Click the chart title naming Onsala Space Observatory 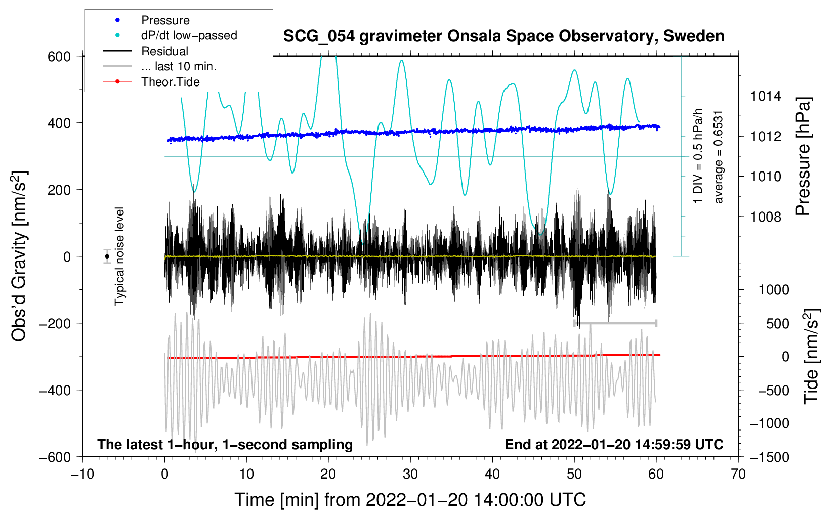pos(503,36)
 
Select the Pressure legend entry pos(165,20)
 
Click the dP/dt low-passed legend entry pos(189,35)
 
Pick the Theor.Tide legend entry pos(170,82)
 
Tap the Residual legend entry pos(164,51)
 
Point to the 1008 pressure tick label pos(766,217)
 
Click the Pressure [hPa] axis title pos(804,157)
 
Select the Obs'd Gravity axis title pos(19,256)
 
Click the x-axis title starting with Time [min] pos(410,500)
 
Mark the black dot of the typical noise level pos(107,256)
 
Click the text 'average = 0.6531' pos(719,157)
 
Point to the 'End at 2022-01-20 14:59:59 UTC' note pos(614,444)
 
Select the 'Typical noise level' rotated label pos(119,256)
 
